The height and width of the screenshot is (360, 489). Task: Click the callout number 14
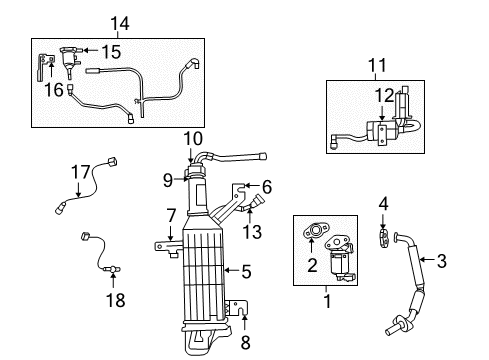tap(120, 23)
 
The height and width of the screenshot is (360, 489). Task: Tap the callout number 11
tap(377, 65)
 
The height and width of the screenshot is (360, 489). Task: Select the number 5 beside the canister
tap(246, 272)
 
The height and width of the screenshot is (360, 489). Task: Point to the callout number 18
tap(115, 300)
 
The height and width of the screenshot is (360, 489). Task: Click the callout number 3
tap(442, 261)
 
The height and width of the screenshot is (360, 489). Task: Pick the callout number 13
tap(252, 232)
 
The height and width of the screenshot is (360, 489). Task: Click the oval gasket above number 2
tap(315, 232)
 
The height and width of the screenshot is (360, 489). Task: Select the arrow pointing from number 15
tap(90, 50)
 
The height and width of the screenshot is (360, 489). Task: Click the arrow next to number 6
tap(252, 185)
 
